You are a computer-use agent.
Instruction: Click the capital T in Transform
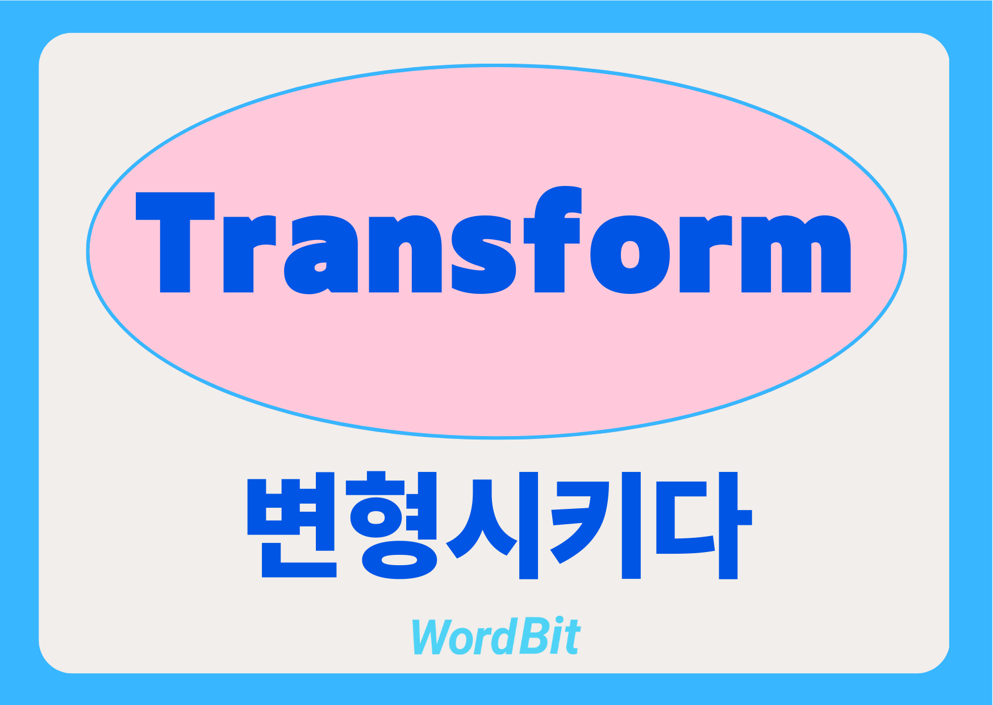(x=175, y=243)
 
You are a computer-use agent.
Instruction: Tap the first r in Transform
(x=250, y=254)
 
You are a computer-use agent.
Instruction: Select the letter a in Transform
(x=320, y=255)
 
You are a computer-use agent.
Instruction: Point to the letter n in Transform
(x=405, y=254)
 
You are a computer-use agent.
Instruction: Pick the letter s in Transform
(x=483, y=255)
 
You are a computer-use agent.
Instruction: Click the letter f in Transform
(x=553, y=239)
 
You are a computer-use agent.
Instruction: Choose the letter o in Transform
(x=630, y=255)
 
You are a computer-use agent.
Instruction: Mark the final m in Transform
(x=796, y=254)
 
